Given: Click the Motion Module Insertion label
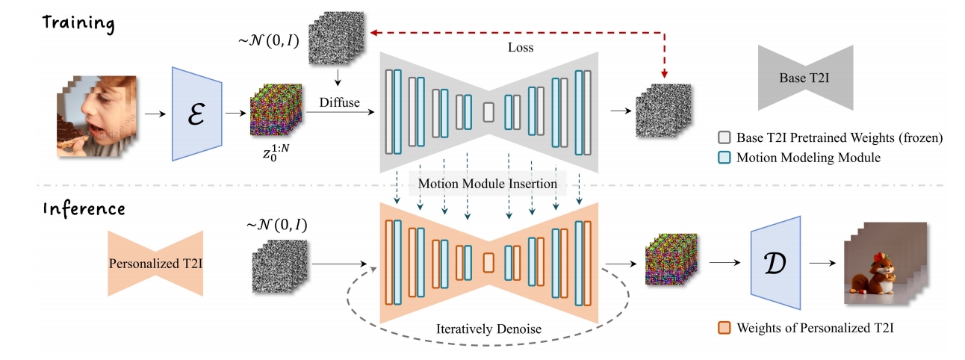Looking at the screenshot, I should (x=487, y=183).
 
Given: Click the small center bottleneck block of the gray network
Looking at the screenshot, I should (x=488, y=112).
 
